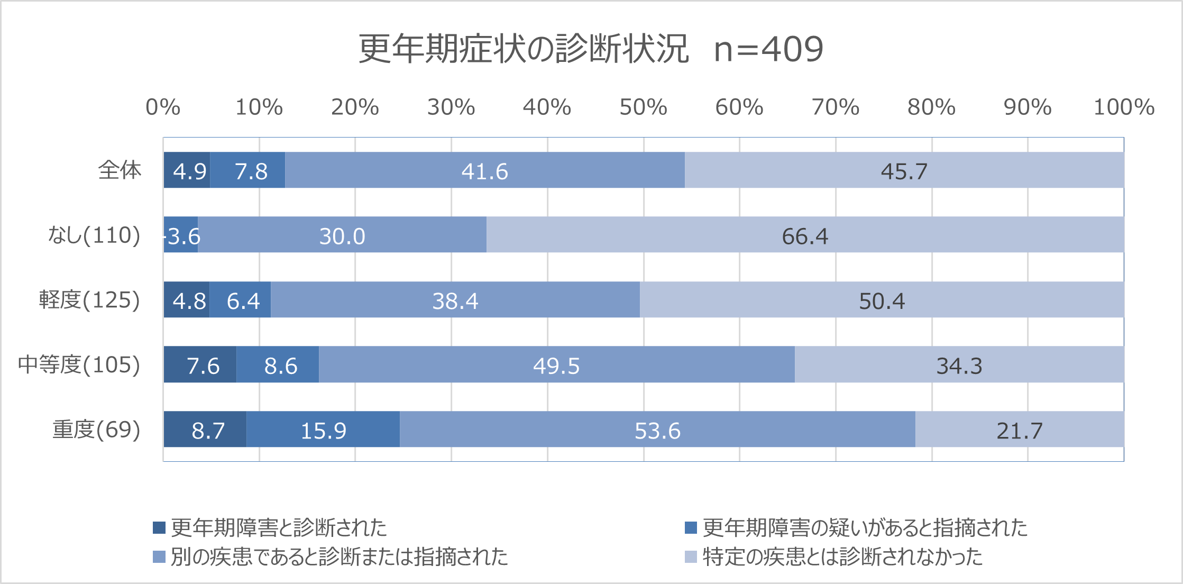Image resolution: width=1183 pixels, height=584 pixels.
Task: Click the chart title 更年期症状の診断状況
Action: tap(524, 49)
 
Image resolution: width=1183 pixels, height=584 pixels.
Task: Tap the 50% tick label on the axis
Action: tap(643, 107)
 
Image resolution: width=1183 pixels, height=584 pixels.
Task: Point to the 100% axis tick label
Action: tap(1124, 107)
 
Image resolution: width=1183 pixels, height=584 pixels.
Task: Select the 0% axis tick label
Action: tap(163, 107)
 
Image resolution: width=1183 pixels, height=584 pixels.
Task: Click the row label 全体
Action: tap(120, 170)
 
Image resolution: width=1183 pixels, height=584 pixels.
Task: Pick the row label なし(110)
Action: tap(94, 235)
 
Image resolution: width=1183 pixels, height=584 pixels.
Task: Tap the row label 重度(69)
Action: tap(96, 430)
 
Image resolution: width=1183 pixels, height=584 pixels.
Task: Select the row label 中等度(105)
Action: tap(79, 365)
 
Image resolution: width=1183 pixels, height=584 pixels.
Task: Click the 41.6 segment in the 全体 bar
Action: tap(484, 170)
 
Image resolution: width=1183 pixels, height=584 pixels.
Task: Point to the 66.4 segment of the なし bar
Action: tap(805, 235)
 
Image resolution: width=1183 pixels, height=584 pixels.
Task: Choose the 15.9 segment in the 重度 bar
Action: tap(323, 430)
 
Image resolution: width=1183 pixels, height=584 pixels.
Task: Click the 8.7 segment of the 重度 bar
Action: tap(205, 430)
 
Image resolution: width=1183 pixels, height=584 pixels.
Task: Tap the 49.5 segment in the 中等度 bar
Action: tap(556, 365)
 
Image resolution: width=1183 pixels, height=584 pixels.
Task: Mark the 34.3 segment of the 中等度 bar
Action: tap(959, 365)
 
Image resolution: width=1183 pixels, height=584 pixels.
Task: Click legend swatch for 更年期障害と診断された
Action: tap(159, 527)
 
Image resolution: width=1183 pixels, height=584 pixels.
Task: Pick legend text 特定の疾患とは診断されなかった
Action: tap(842, 557)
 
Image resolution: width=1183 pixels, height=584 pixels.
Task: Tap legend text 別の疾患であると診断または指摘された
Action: tap(339, 557)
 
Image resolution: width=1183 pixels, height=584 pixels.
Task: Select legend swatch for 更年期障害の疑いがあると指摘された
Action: tap(691, 527)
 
